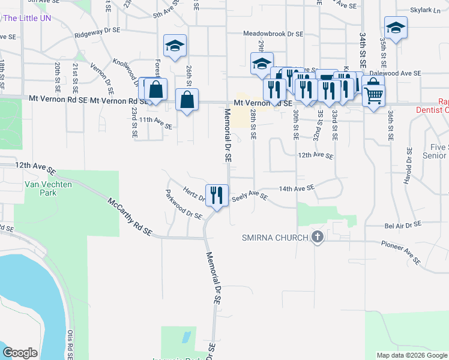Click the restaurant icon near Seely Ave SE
click(x=217, y=194)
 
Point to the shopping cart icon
click(x=373, y=94)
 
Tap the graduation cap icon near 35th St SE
click(x=396, y=28)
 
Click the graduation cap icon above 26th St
click(x=175, y=46)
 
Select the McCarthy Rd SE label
click(x=130, y=215)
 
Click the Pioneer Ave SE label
click(x=401, y=253)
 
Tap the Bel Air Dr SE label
click(x=403, y=224)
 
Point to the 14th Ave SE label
click(x=297, y=188)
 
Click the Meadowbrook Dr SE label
click(x=273, y=34)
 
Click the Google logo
click(x=20, y=352)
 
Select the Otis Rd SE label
click(x=71, y=344)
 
